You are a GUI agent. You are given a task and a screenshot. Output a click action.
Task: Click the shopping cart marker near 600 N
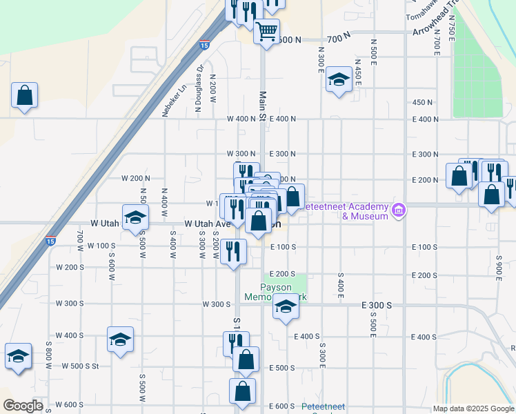coord(266,31)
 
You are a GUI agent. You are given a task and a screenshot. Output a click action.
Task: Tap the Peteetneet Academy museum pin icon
coord(397,210)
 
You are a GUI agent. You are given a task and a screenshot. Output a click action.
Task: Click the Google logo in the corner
coord(22,406)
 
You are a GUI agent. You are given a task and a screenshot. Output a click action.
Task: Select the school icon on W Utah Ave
coord(136,218)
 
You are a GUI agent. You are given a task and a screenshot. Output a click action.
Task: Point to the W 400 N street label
coord(242,119)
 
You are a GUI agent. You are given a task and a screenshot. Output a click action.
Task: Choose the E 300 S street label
coord(377,304)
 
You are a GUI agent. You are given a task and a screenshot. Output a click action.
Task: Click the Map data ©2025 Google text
coord(473,408)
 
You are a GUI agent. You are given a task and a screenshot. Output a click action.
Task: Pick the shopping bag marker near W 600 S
coord(242,391)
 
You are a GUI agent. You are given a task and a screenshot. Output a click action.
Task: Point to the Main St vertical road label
coord(262,107)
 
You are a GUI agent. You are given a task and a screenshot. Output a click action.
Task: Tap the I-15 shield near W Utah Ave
coord(51,241)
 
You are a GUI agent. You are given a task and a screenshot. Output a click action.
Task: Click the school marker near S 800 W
coord(19,356)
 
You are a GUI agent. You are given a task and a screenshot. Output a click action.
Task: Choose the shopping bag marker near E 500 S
coord(246,359)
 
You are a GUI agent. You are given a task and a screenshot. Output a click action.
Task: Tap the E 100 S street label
coord(283,246)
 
